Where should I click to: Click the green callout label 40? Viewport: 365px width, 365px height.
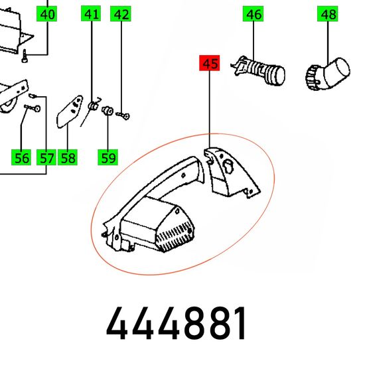pyautogui.click(x=47, y=14)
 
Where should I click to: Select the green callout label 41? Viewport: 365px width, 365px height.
pyautogui.click(x=91, y=14)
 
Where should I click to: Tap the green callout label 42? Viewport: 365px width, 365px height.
pyautogui.click(x=121, y=14)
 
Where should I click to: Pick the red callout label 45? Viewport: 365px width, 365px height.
pyautogui.click(x=210, y=63)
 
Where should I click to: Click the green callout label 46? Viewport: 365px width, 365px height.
pyautogui.click(x=253, y=14)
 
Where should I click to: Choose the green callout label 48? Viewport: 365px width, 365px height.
pyautogui.click(x=328, y=14)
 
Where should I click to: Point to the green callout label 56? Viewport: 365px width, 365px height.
pyautogui.click(x=21, y=157)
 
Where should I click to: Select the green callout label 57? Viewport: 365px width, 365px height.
pyautogui.click(x=46, y=157)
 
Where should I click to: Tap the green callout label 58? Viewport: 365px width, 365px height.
pyautogui.click(x=68, y=157)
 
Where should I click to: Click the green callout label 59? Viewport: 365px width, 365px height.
pyautogui.click(x=108, y=157)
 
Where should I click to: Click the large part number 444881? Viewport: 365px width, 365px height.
pyautogui.click(x=176, y=323)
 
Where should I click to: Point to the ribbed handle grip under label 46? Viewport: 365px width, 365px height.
pyautogui.click(x=258, y=70)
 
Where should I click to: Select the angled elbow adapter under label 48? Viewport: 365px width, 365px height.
pyautogui.click(x=328, y=74)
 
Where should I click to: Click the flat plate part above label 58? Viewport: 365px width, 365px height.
pyautogui.click(x=70, y=111)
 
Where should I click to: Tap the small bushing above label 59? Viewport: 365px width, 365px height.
pyautogui.click(x=108, y=111)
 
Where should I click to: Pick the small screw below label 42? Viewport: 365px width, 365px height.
pyautogui.click(x=123, y=115)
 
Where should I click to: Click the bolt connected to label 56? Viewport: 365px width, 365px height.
pyautogui.click(x=33, y=108)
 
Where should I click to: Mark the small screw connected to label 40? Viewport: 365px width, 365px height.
pyautogui.click(x=25, y=56)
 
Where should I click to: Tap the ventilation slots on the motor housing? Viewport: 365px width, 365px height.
pyautogui.click(x=175, y=237)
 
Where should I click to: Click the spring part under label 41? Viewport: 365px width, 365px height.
pyautogui.click(x=93, y=106)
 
